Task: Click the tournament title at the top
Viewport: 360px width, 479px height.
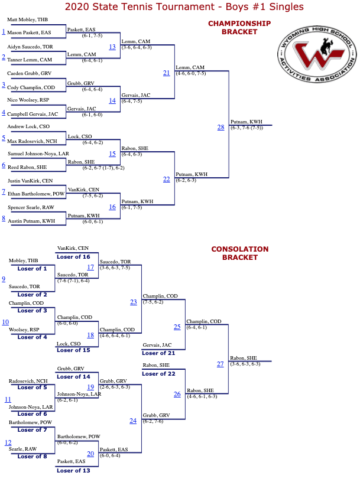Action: (184, 6)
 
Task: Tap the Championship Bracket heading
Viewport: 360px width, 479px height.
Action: (239, 28)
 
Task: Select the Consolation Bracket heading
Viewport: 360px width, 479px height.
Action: (240, 253)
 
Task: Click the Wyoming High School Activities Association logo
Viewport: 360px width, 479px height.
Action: (317, 54)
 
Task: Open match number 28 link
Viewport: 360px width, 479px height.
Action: (221, 127)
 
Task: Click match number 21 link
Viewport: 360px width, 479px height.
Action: (166, 73)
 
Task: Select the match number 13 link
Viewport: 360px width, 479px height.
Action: (112, 47)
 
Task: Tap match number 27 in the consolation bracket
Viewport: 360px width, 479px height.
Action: (220, 364)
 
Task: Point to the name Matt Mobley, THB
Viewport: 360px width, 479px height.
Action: (28, 19)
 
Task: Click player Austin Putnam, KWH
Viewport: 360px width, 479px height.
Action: (31, 221)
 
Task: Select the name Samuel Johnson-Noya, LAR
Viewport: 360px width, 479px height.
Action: (38, 154)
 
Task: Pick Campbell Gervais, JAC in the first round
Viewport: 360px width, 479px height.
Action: (33, 114)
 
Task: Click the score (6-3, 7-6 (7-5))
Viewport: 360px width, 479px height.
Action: (247, 128)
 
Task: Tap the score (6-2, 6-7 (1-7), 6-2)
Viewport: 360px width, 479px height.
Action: (103, 168)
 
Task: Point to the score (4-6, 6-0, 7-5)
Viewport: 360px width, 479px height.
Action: (191, 73)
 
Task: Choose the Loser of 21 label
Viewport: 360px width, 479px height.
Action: (158, 353)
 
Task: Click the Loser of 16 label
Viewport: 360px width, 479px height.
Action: (73, 257)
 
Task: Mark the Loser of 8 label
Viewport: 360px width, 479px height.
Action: (32, 457)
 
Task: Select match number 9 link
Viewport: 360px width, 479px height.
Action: (4, 279)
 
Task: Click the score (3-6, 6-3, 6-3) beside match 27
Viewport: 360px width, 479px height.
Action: (245, 364)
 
